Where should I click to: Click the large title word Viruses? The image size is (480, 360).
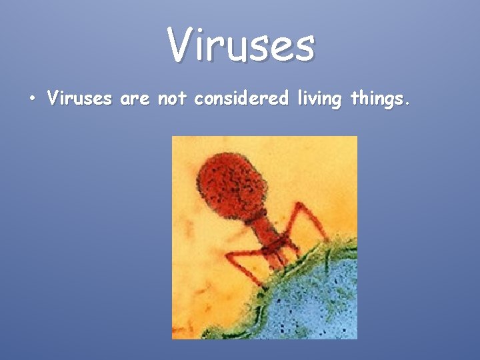pyautogui.click(x=241, y=45)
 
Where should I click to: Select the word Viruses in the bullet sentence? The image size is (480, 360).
pyautogui.click(x=79, y=99)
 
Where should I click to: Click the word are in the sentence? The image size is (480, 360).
pyautogui.click(x=135, y=99)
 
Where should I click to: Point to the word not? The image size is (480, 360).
pyautogui.click(x=173, y=99)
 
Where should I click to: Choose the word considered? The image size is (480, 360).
pyautogui.click(x=241, y=99)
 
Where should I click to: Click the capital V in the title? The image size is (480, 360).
pyautogui.click(x=179, y=45)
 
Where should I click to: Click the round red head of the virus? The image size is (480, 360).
pyautogui.click(x=230, y=181)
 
